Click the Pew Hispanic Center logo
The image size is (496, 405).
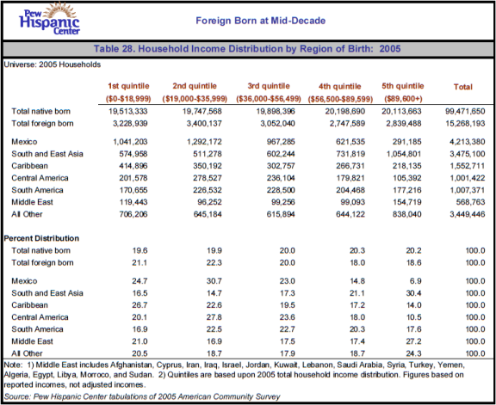(49, 19)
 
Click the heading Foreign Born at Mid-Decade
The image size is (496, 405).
(260, 21)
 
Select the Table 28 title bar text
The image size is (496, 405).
(247, 49)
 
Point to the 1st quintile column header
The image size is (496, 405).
(128, 86)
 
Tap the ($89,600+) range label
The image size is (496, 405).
(403, 99)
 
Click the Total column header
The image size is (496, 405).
(462, 87)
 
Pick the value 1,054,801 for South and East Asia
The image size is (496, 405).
(404, 154)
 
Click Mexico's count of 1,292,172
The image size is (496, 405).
(204, 142)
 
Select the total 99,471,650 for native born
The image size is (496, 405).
(465, 111)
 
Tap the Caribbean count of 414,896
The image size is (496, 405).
(133, 166)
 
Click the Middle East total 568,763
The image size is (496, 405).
(470, 202)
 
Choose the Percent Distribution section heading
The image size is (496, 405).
(41, 238)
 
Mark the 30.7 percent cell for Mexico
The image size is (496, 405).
(214, 281)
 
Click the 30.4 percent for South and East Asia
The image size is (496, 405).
(413, 293)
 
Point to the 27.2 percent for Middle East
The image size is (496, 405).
(413, 341)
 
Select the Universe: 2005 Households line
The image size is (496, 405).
(53, 64)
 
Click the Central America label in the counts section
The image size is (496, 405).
(40, 178)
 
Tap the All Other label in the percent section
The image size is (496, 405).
(27, 353)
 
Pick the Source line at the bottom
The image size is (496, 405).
(142, 396)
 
